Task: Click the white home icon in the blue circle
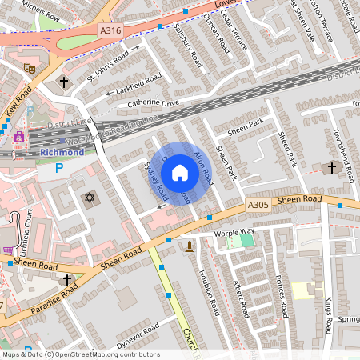[x=180, y=172]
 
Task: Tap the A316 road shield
[x=111, y=30]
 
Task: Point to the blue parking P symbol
[x=58, y=168]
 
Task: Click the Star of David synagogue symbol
[x=88, y=197]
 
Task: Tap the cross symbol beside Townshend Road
[x=333, y=167]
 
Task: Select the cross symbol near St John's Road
[x=64, y=82]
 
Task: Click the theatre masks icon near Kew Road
[x=29, y=70]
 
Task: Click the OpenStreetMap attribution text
[x=80, y=354]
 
